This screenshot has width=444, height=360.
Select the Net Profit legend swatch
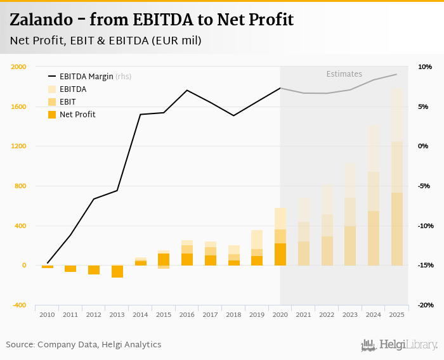click(x=52, y=115)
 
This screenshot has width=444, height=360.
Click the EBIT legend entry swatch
click(x=52, y=102)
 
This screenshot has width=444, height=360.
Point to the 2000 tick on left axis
click(x=19, y=67)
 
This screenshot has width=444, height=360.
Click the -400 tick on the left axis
click(x=19, y=305)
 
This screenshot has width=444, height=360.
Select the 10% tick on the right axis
click(x=425, y=67)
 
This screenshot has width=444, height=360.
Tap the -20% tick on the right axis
click(x=425, y=305)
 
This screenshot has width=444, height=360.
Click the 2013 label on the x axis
click(x=117, y=314)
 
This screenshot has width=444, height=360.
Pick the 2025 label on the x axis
click(x=397, y=314)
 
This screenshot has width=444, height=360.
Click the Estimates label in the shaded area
click(x=344, y=74)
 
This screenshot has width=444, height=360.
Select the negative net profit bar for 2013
click(x=117, y=271)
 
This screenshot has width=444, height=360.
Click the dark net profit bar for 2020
click(x=280, y=254)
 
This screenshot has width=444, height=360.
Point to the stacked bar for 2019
click(x=257, y=247)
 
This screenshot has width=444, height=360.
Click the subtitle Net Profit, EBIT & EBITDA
click(x=105, y=41)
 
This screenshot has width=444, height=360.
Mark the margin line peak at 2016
click(x=187, y=90)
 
